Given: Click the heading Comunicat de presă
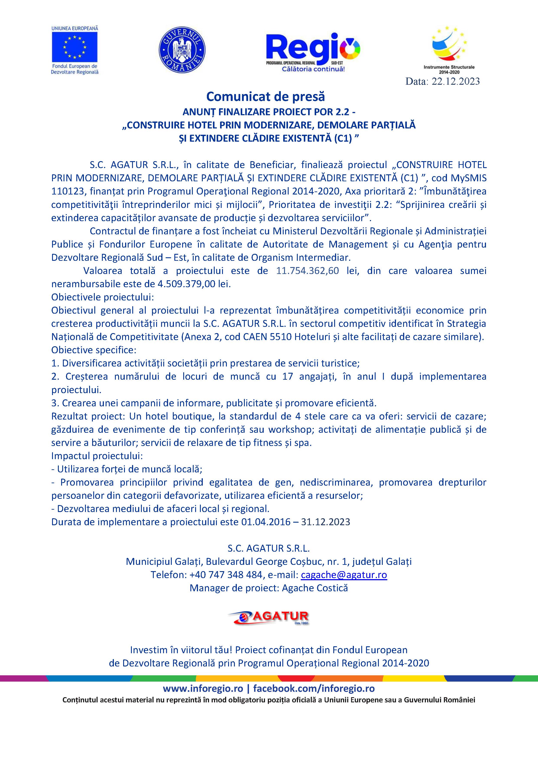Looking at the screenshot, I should pos(265,97).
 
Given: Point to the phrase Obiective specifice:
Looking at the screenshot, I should pos(93,350).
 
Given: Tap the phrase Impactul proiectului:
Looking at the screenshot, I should pos(97,456).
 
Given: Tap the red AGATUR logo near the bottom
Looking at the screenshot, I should pos(268,616).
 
